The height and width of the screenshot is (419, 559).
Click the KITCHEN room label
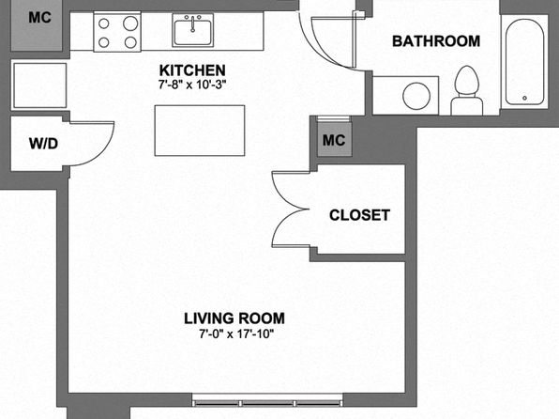(192, 70)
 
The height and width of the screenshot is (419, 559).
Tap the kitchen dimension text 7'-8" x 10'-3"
(192, 85)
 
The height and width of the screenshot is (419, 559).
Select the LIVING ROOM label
(234, 318)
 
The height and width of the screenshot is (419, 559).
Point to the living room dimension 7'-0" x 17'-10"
(236, 334)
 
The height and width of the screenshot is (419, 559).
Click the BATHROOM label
(436, 41)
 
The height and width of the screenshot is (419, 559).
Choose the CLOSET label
(359, 215)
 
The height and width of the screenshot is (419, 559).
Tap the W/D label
(43, 144)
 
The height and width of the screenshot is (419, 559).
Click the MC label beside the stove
(40, 18)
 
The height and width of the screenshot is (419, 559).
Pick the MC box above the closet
(334, 139)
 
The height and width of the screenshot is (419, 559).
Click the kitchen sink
(193, 30)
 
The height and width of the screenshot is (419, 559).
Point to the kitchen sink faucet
(193, 23)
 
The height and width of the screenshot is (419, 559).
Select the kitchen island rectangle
(200, 131)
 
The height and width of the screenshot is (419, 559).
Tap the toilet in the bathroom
(467, 90)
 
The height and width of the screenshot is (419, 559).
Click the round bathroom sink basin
(416, 96)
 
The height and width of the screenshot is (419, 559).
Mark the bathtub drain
(524, 98)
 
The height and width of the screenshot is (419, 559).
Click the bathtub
(524, 62)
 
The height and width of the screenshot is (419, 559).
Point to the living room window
(267, 400)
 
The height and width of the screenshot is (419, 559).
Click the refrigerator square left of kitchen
(39, 85)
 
